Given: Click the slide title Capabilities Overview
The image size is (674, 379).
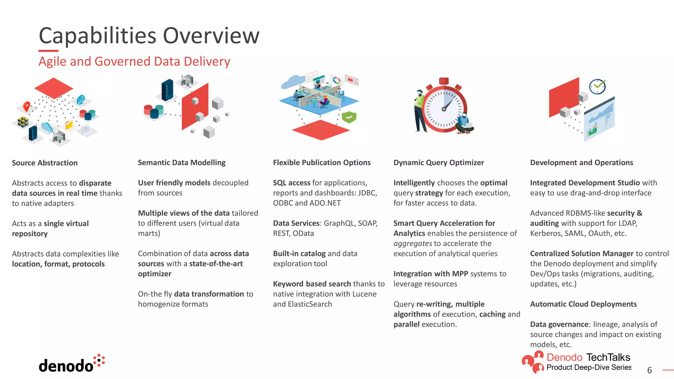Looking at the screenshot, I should tap(149, 36).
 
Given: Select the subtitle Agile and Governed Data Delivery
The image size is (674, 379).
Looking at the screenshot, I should tap(134, 62).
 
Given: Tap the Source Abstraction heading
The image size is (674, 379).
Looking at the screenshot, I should tap(45, 163).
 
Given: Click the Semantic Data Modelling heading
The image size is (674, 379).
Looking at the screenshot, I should tap(182, 163).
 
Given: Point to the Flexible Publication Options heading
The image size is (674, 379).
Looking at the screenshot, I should tap(322, 163).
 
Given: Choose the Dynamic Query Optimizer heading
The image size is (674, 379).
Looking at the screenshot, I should tap(438, 163).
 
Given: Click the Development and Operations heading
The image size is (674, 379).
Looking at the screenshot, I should tap(581, 163).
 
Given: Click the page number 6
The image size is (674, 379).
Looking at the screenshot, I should tap(649, 370).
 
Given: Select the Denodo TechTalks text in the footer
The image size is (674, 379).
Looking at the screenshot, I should tap(588, 357).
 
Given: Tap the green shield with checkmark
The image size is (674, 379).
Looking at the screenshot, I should tap(349, 117).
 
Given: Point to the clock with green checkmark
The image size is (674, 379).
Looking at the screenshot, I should tap(597, 87).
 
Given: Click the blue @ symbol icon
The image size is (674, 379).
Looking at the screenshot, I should tap(81, 99).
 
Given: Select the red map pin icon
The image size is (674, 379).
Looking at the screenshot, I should tap(27, 106).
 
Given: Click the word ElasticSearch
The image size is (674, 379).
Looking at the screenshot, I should tap(310, 304).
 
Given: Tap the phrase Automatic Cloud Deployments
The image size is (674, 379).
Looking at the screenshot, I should tap(583, 304).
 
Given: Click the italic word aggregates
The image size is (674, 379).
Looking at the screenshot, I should tap(413, 244).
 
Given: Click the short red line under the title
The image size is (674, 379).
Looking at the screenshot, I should tap(48, 51).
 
